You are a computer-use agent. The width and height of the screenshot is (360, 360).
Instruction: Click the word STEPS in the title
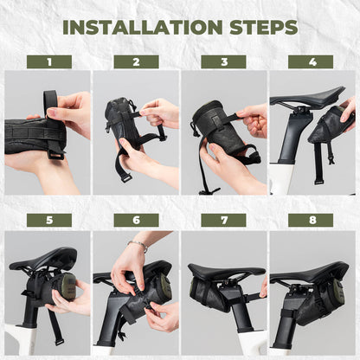(254, 27)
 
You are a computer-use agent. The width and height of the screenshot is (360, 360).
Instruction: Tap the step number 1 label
(48, 62)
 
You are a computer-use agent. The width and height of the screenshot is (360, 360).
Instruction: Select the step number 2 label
(136, 62)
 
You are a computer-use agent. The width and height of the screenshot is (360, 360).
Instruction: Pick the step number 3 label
(223, 62)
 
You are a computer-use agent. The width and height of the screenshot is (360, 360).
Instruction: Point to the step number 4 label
(311, 62)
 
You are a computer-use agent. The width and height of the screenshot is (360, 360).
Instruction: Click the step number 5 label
(48, 220)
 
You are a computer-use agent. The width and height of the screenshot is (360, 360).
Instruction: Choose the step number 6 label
(136, 220)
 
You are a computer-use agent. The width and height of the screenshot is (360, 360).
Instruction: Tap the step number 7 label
(223, 220)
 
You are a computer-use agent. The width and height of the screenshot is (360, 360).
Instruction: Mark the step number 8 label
(311, 220)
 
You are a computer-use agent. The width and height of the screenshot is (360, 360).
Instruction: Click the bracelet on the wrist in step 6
(138, 247)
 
